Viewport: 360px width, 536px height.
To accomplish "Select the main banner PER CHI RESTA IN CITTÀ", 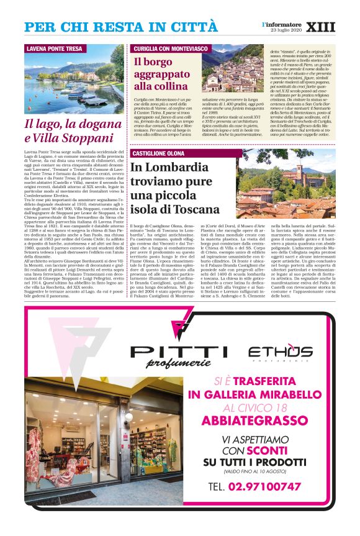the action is pyautogui.click(x=121, y=27).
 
